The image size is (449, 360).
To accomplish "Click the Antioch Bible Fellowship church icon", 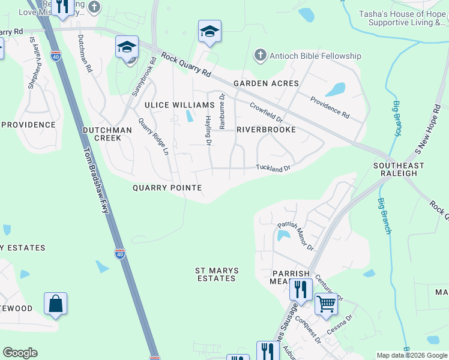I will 260,56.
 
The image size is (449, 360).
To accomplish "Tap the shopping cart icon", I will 326,304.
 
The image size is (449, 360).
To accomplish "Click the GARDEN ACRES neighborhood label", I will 258,83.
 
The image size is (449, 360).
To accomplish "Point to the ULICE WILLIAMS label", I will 171,105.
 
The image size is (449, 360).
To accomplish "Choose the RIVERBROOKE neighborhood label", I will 266,130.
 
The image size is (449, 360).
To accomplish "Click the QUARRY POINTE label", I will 167,188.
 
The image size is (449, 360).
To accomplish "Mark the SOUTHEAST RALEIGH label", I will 399,169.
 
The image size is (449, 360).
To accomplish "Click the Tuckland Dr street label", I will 273,168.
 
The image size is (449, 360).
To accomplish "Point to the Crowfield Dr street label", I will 267,111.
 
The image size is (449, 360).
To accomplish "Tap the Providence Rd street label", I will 330,106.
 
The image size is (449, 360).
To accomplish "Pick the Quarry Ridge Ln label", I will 153,136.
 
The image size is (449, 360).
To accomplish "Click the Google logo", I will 20,353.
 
